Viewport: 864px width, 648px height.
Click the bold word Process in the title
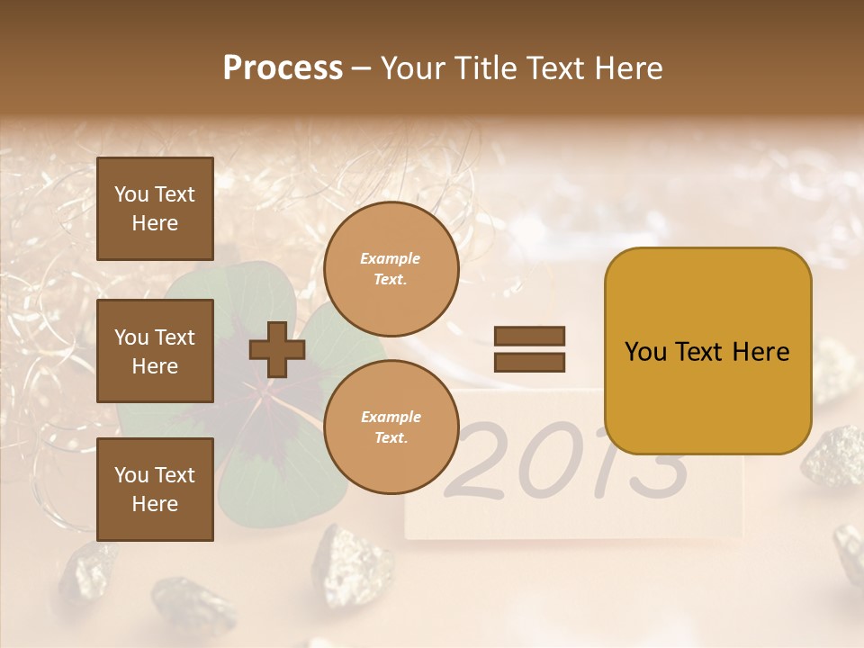(283, 68)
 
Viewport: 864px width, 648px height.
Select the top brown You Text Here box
(155, 209)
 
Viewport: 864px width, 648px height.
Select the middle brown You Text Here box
(155, 351)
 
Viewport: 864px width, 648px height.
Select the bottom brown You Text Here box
(155, 489)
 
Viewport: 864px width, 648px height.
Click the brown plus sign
(276, 349)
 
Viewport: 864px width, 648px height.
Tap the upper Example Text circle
(391, 268)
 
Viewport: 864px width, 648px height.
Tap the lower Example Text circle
(391, 427)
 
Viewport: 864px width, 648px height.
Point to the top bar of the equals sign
(529, 336)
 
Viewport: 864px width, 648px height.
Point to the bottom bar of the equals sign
(529, 362)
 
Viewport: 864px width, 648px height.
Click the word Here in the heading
(629, 68)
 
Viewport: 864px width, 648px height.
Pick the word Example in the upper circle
(390, 258)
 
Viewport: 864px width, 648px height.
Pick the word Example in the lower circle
(391, 417)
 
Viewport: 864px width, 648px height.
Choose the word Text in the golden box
(702, 352)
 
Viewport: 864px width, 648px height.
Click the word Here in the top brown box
(155, 223)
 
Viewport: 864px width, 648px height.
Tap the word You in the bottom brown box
(130, 474)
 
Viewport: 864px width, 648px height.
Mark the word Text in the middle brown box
(175, 337)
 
